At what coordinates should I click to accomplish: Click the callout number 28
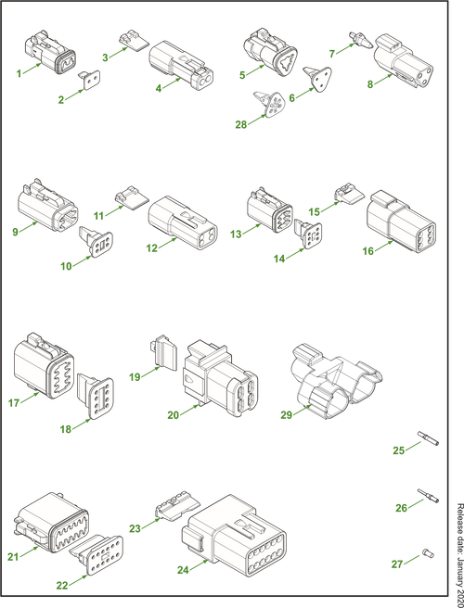(x=240, y=125)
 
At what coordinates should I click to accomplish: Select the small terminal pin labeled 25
(x=428, y=437)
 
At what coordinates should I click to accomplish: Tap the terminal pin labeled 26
(x=429, y=496)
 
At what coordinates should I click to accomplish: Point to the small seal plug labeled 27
(x=428, y=553)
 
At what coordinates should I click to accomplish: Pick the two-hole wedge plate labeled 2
(x=90, y=80)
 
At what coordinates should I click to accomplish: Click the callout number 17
(x=14, y=403)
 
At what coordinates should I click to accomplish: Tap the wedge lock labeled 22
(x=97, y=555)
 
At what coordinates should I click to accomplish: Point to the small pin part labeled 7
(x=361, y=41)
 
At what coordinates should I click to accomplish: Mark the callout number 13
(x=236, y=234)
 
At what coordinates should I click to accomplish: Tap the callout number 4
(x=159, y=88)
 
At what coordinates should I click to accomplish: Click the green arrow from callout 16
(x=383, y=246)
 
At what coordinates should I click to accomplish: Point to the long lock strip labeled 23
(x=177, y=505)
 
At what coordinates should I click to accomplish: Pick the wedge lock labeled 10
(x=97, y=242)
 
